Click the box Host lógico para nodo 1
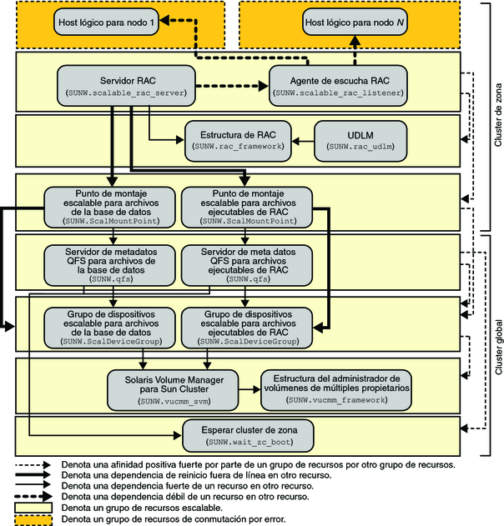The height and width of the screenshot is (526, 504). click(x=106, y=23)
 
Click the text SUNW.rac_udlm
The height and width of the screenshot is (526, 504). click(x=360, y=146)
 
